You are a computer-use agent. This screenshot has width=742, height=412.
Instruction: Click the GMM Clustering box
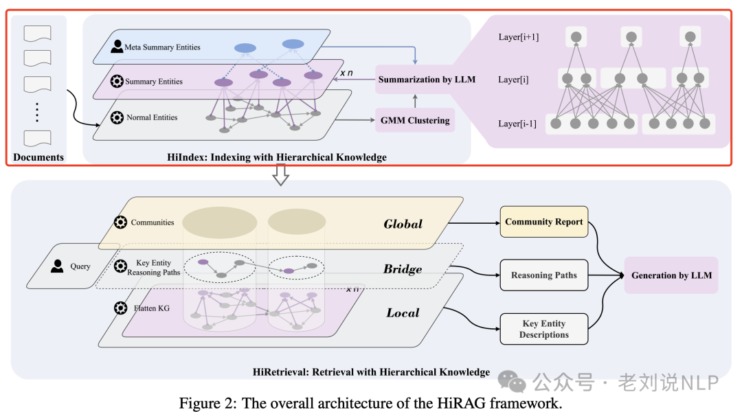415,120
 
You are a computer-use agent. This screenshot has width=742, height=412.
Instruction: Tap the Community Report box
543,222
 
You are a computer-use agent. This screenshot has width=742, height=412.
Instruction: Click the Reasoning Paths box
543,275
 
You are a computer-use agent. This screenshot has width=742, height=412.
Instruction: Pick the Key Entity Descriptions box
544,329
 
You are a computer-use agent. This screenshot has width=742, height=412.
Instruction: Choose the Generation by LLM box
671,275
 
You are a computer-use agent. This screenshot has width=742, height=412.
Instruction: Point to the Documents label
38,157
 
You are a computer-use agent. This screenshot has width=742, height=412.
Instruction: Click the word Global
403,224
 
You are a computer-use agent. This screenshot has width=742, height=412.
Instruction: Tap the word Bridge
402,269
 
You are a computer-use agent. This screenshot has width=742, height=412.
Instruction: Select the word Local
403,312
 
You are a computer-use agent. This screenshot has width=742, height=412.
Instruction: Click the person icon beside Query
57,266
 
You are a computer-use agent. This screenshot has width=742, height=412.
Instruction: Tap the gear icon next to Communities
120,222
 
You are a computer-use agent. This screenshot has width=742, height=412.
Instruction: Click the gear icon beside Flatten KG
120,308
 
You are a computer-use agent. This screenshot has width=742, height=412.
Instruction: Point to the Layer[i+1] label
519,36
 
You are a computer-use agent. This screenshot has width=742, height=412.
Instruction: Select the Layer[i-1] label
518,124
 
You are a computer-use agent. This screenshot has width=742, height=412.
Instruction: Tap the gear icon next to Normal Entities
117,117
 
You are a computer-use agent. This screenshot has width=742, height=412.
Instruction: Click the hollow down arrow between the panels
280,175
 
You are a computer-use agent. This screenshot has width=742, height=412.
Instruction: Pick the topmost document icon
38,32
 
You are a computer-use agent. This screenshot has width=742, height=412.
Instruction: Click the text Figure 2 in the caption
206,403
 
